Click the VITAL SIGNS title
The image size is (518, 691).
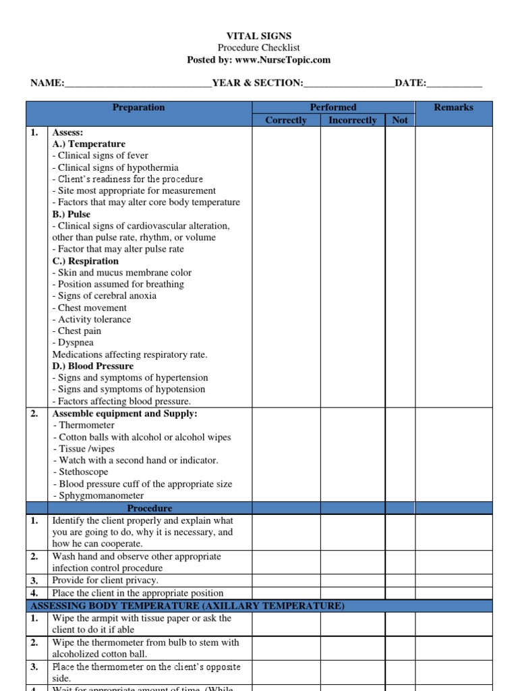tap(258, 36)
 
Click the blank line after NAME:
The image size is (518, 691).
tap(138, 84)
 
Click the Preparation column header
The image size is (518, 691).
tap(138, 107)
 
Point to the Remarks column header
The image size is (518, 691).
tap(453, 107)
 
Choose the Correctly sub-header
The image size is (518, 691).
tap(286, 120)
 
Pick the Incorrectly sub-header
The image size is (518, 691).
tap(352, 120)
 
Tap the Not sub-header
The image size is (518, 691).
tap(400, 120)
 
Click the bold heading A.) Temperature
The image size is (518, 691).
tap(88, 144)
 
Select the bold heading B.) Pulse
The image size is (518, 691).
tap(71, 215)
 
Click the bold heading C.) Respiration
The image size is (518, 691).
tap(85, 261)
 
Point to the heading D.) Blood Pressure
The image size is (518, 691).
tap(92, 366)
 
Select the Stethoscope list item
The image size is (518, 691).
tap(83, 472)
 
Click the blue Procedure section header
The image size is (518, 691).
tap(149, 508)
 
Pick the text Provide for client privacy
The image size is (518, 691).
tap(105, 580)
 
